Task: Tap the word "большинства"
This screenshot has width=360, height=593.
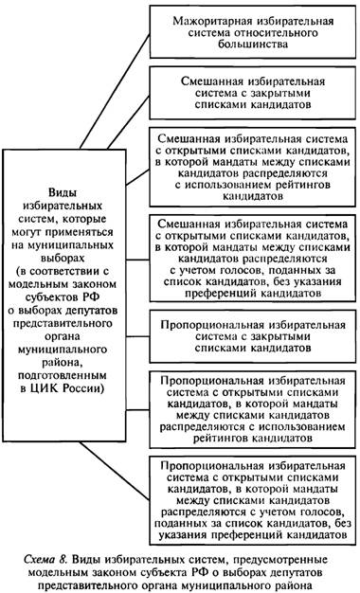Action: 253,44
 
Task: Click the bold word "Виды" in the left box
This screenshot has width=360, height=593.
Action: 63,192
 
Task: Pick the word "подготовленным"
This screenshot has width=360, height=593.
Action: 63,375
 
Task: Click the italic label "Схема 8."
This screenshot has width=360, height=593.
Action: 45,559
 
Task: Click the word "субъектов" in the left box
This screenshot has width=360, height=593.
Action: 57,296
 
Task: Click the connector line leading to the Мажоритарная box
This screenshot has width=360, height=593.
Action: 115,91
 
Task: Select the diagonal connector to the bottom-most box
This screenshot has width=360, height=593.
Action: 115,471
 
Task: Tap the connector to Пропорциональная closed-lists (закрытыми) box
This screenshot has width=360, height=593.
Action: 137,336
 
